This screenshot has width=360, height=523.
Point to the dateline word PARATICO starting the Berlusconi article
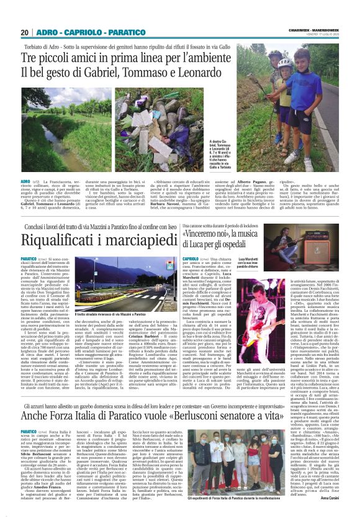(x=47, y=413)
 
